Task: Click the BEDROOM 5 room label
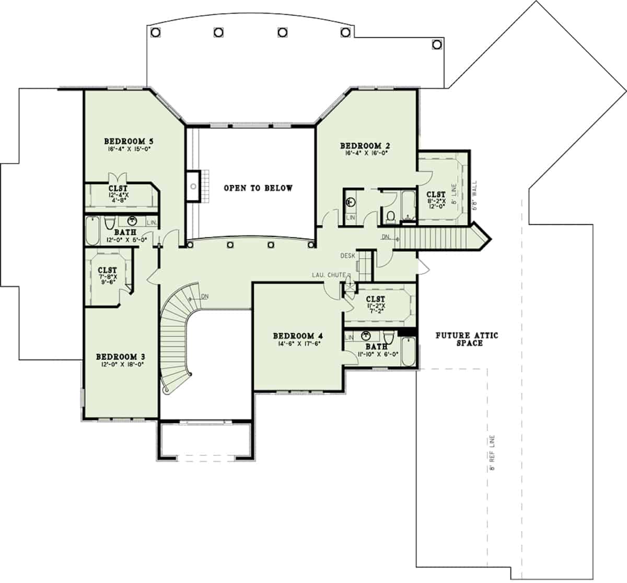coord(128,141)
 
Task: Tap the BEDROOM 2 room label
coord(365,146)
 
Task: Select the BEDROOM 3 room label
coord(120,357)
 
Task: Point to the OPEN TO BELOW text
coord(258,188)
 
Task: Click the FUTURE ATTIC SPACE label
coord(467,339)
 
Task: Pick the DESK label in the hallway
coord(347,256)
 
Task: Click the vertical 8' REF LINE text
coord(492,453)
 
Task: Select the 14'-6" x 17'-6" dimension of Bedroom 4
coord(296,344)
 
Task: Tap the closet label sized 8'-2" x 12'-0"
coord(435,195)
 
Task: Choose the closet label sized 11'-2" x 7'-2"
coord(376,300)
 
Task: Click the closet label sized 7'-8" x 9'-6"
coord(108,270)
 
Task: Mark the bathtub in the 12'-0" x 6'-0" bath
coord(92,232)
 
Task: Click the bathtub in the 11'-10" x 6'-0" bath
coord(409,352)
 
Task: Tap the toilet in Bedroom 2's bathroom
coord(389,215)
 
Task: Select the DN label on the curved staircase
coord(205,296)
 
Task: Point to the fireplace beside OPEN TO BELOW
coord(193,186)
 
